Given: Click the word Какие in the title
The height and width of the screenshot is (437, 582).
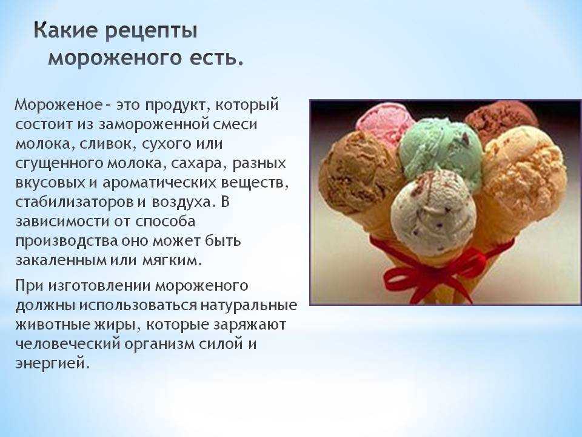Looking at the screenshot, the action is (65, 30).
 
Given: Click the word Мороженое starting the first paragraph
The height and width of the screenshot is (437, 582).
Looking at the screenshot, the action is (58, 105).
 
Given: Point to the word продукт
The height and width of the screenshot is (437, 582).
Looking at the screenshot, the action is (175, 106).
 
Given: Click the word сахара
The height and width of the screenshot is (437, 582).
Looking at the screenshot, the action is (198, 163).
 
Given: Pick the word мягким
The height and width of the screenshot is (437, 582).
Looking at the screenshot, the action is (172, 260).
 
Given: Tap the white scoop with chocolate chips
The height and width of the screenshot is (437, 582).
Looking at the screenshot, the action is (433, 212).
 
